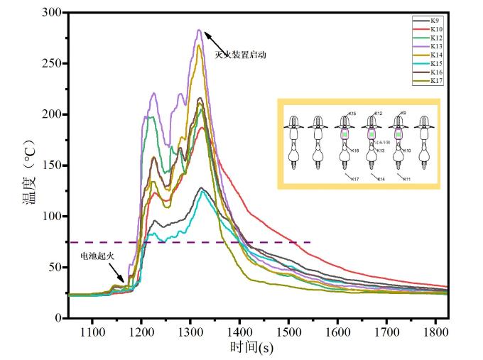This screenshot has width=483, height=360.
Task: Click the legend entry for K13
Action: pos(435,45)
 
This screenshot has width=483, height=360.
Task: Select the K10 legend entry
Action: pos(435,28)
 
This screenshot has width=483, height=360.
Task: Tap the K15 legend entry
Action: pos(435,62)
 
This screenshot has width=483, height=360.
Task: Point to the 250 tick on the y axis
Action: pos(56,63)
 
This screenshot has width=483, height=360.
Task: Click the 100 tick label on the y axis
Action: pos(56,216)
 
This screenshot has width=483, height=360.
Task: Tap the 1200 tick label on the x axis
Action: pos(142,332)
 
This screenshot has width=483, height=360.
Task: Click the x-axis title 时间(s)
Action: pos(251,348)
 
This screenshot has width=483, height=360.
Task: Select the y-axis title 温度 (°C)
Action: pos(29,165)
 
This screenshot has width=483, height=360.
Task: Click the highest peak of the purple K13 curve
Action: pos(200,30)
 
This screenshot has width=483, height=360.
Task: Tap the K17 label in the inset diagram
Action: pos(354,178)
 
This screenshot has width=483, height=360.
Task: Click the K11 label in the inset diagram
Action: pos(406,178)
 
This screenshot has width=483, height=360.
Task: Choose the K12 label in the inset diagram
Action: pos(378,114)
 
